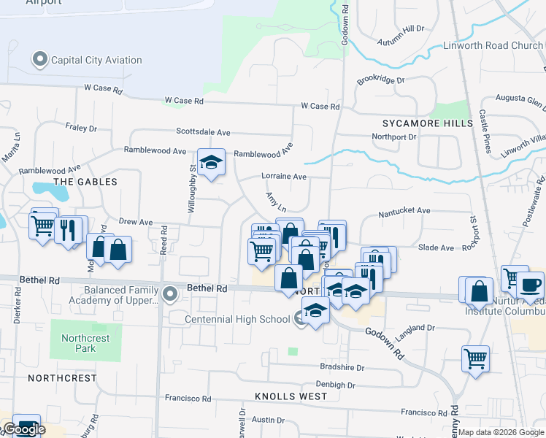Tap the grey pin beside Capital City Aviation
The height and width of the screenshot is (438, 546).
40,58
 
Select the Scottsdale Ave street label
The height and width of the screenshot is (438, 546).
203,132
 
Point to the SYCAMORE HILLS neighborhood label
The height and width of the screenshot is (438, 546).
428,123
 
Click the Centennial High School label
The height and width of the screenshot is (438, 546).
237,319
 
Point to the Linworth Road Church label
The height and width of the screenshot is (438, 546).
493,45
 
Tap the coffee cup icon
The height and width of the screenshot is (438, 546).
530,285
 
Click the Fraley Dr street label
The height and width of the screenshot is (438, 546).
81,128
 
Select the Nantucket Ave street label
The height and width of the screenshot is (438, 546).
404,210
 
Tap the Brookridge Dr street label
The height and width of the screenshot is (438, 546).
380,80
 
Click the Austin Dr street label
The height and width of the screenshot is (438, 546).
268,420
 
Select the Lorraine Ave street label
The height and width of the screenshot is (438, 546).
285,176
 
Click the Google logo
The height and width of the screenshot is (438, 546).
23,430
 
